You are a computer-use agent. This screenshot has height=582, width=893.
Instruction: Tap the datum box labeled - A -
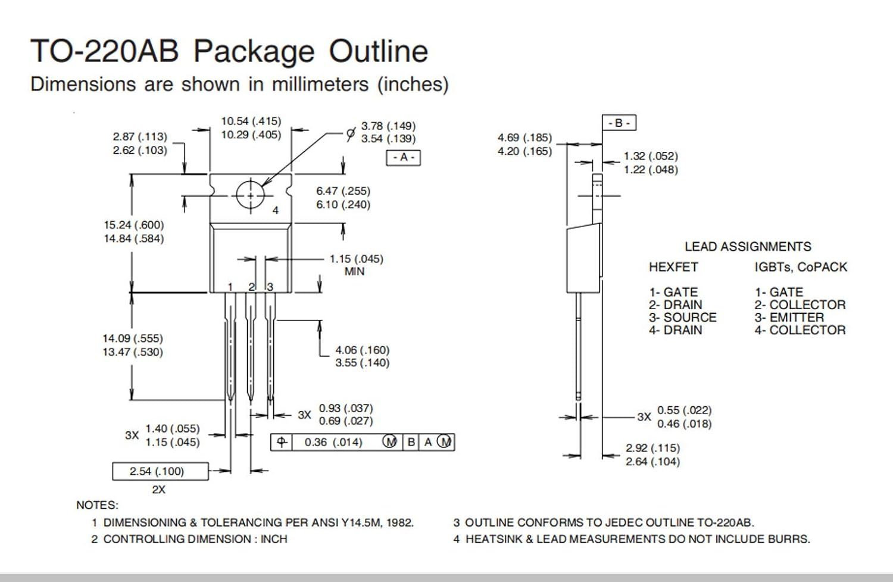(x=404, y=158)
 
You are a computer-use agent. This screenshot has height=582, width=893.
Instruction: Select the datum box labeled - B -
(x=619, y=123)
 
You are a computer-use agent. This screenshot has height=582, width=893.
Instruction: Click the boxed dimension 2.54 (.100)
(x=160, y=471)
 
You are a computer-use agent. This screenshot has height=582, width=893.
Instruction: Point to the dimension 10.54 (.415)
(x=251, y=121)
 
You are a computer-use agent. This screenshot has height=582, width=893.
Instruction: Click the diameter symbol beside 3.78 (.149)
(x=351, y=133)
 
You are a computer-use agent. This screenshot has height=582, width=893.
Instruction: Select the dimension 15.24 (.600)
(x=134, y=225)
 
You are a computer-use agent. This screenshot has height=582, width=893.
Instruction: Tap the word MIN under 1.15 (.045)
(x=354, y=272)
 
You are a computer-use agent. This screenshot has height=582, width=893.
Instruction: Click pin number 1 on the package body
(x=230, y=287)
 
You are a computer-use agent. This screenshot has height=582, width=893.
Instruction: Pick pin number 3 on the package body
(x=270, y=287)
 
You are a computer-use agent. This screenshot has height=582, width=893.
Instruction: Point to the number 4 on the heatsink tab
(x=276, y=210)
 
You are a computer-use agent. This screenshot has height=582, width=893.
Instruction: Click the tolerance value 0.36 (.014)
(x=333, y=443)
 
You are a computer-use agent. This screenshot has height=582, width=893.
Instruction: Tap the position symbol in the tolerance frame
(x=282, y=442)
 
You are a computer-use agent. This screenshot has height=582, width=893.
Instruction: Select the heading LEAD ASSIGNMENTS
(x=748, y=247)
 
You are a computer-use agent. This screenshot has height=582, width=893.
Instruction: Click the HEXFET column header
(x=673, y=267)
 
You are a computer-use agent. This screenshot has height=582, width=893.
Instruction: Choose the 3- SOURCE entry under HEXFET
(x=682, y=318)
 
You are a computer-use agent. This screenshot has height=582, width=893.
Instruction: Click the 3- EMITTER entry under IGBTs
(x=789, y=318)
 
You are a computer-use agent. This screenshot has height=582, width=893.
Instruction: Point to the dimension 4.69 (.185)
(x=524, y=138)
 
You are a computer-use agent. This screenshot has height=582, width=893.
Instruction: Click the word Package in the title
(x=254, y=52)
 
